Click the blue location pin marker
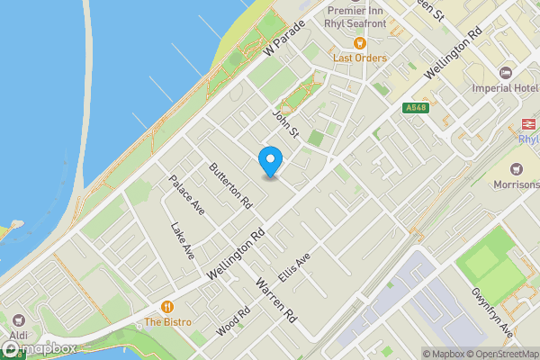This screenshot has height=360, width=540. tap(270, 161)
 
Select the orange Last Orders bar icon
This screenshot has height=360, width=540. tap(360, 43)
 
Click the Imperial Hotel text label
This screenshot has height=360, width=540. tap(497, 90)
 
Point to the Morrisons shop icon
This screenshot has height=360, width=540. tap(517, 169)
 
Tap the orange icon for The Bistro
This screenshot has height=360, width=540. tap(166, 307)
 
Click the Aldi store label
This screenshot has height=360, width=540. tap(19, 335)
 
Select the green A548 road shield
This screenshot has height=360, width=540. tap(415, 107)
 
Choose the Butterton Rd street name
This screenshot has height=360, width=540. tap(229, 185)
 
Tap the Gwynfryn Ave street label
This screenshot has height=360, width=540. tap(491, 310)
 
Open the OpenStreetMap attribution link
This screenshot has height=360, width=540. tap(499, 353)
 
